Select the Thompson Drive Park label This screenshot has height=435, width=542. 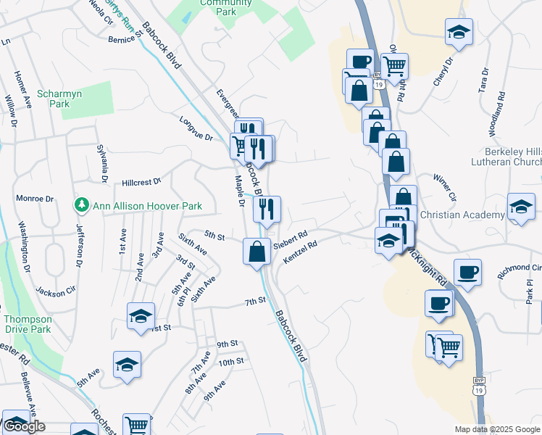pyautogui.click(x=27, y=324)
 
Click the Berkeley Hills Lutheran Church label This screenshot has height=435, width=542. pyautogui.click(x=504, y=165)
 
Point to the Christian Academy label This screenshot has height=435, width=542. pyautogui.click(x=462, y=215)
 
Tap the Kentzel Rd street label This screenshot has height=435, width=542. pyautogui.click(x=301, y=252)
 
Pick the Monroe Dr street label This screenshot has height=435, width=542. pyautogui.click(x=35, y=198)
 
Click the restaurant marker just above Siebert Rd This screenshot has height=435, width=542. pyautogui.click(x=267, y=210)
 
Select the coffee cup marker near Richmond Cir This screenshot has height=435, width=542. pyautogui.click(x=467, y=272)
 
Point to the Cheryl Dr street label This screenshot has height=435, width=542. pyautogui.click(x=442, y=72)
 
